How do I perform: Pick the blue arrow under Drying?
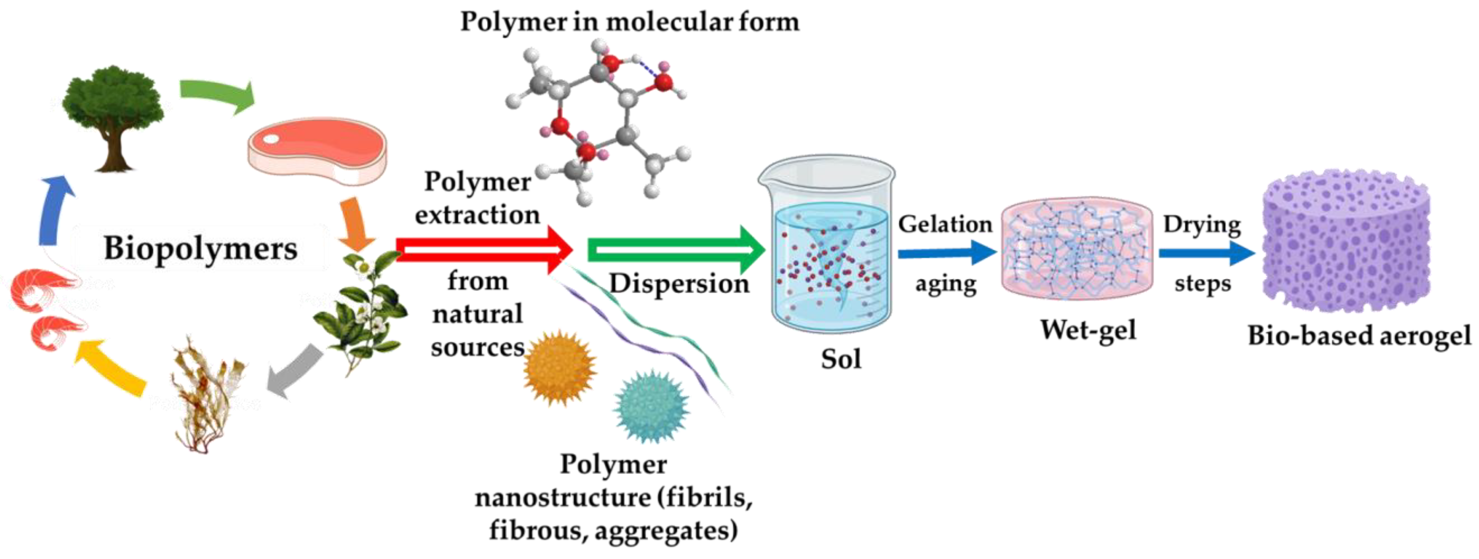point(1206,253)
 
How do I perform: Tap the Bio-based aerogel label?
point(1359,335)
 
